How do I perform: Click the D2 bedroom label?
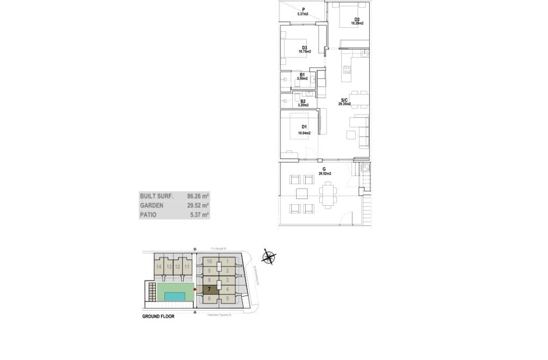tap(357, 19)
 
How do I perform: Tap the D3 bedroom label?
tap(304, 48)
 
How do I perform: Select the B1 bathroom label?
tap(302, 75)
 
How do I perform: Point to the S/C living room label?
tap(344, 100)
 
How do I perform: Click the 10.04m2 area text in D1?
tap(304, 132)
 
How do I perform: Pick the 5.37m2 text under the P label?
tap(303, 15)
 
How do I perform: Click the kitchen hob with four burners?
tap(347, 69)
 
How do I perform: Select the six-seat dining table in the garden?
tap(327, 194)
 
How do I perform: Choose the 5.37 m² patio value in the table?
tap(199, 214)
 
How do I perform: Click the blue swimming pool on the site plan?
tap(176, 296)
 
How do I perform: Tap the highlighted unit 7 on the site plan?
tap(208, 289)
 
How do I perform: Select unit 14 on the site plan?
tap(159, 267)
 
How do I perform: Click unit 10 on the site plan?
tap(210, 262)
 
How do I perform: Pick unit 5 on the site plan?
tap(228, 298)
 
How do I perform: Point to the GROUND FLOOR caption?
tap(158, 316)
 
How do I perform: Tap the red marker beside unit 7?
tap(194, 289)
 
